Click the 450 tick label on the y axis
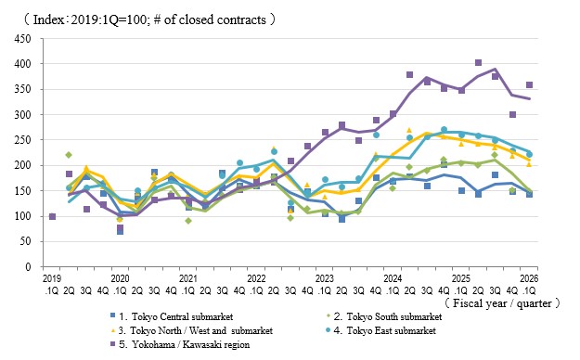tap(22, 38)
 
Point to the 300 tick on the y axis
tap(22, 115)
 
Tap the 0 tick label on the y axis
tap(28, 267)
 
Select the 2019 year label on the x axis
tap(52, 278)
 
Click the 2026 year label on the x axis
tap(529, 278)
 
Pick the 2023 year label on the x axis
tap(325, 278)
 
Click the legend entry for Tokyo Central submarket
tap(172, 316)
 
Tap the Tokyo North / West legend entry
tap(191, 330)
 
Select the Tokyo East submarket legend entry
tap(380, 330)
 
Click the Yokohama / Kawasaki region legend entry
tap(180, 344)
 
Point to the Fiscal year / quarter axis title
tap(502, 303)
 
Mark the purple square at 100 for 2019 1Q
tap(52, 216)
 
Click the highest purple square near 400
tap(478, 62)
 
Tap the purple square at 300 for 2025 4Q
tap(512, 115)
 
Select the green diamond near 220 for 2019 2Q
tap(69, 155)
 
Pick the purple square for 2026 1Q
tap(529, 85)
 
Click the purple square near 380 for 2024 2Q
tap(409, 75)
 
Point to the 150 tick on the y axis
tap(22, 191)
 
